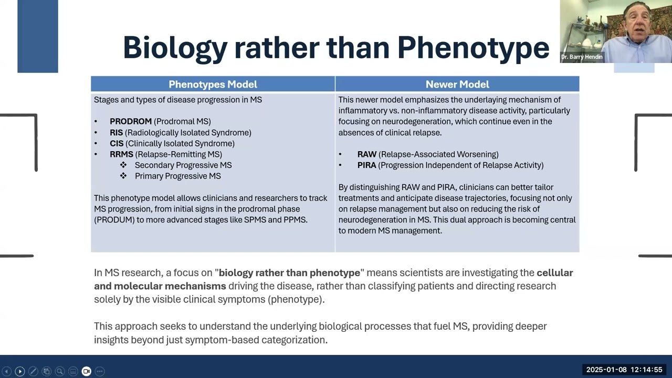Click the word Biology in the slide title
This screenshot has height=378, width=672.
coord(174,48)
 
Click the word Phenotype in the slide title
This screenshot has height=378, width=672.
coord(473,48)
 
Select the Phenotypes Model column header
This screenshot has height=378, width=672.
coord(213,85)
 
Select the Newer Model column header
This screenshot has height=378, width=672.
coord(457,85)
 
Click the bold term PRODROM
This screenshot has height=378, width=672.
coord(130,121)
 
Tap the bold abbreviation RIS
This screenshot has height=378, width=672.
coord(116,132)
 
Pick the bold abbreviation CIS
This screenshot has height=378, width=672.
coord(116,143)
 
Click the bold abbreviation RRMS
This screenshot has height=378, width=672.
coord(121,154)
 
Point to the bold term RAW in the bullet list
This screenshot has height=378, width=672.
coord(366,154)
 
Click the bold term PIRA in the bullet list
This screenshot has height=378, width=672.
coord(366,165)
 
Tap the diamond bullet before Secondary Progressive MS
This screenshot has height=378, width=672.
coord(123,165)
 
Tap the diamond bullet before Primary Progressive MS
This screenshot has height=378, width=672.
coord(123,176)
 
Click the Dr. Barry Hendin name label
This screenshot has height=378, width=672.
coord(582,57)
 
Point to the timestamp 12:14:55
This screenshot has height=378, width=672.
coord(646,370)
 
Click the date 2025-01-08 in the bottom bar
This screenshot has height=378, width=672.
coord(606,370)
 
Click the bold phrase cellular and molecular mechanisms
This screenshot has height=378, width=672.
coord(160,286)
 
